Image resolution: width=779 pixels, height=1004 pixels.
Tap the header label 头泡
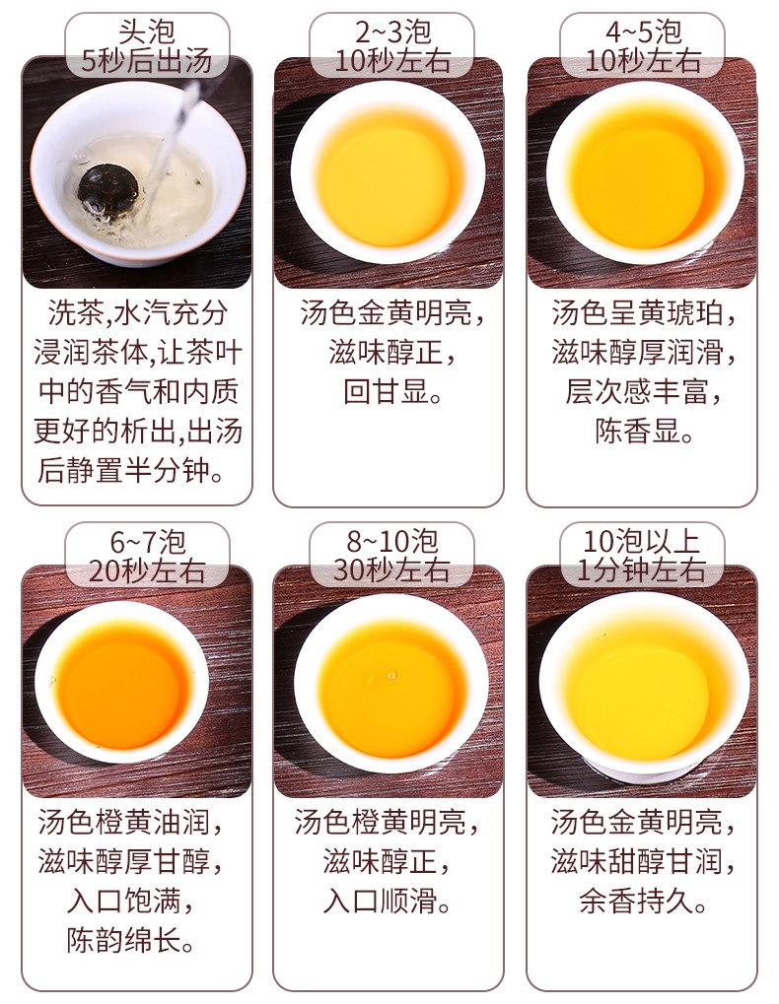[147, 32]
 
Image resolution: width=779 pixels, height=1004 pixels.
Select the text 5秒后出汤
[147, 61]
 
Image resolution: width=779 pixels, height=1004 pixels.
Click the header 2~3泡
[392, 32]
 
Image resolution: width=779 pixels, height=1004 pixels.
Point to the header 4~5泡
[643, 32]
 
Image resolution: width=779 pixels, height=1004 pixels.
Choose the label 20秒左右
[147, 570]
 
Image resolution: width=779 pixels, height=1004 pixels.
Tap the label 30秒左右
[391, 569]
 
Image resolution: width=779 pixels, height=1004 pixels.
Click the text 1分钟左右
[641, 569]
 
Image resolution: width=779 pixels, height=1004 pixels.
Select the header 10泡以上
[641, 541]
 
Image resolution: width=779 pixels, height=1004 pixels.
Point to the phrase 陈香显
[644, 432]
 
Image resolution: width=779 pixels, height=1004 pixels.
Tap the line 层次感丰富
[644, 392]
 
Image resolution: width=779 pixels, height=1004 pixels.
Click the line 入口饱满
[131, 902]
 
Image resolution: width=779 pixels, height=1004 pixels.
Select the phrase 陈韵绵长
[131, 941]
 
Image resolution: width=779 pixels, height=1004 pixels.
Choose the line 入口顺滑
[388, 902]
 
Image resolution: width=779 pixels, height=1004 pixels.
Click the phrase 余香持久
[643, 902]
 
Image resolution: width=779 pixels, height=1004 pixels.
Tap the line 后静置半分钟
[131, 471]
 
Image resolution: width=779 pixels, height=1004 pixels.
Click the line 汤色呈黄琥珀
[644, 313]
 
